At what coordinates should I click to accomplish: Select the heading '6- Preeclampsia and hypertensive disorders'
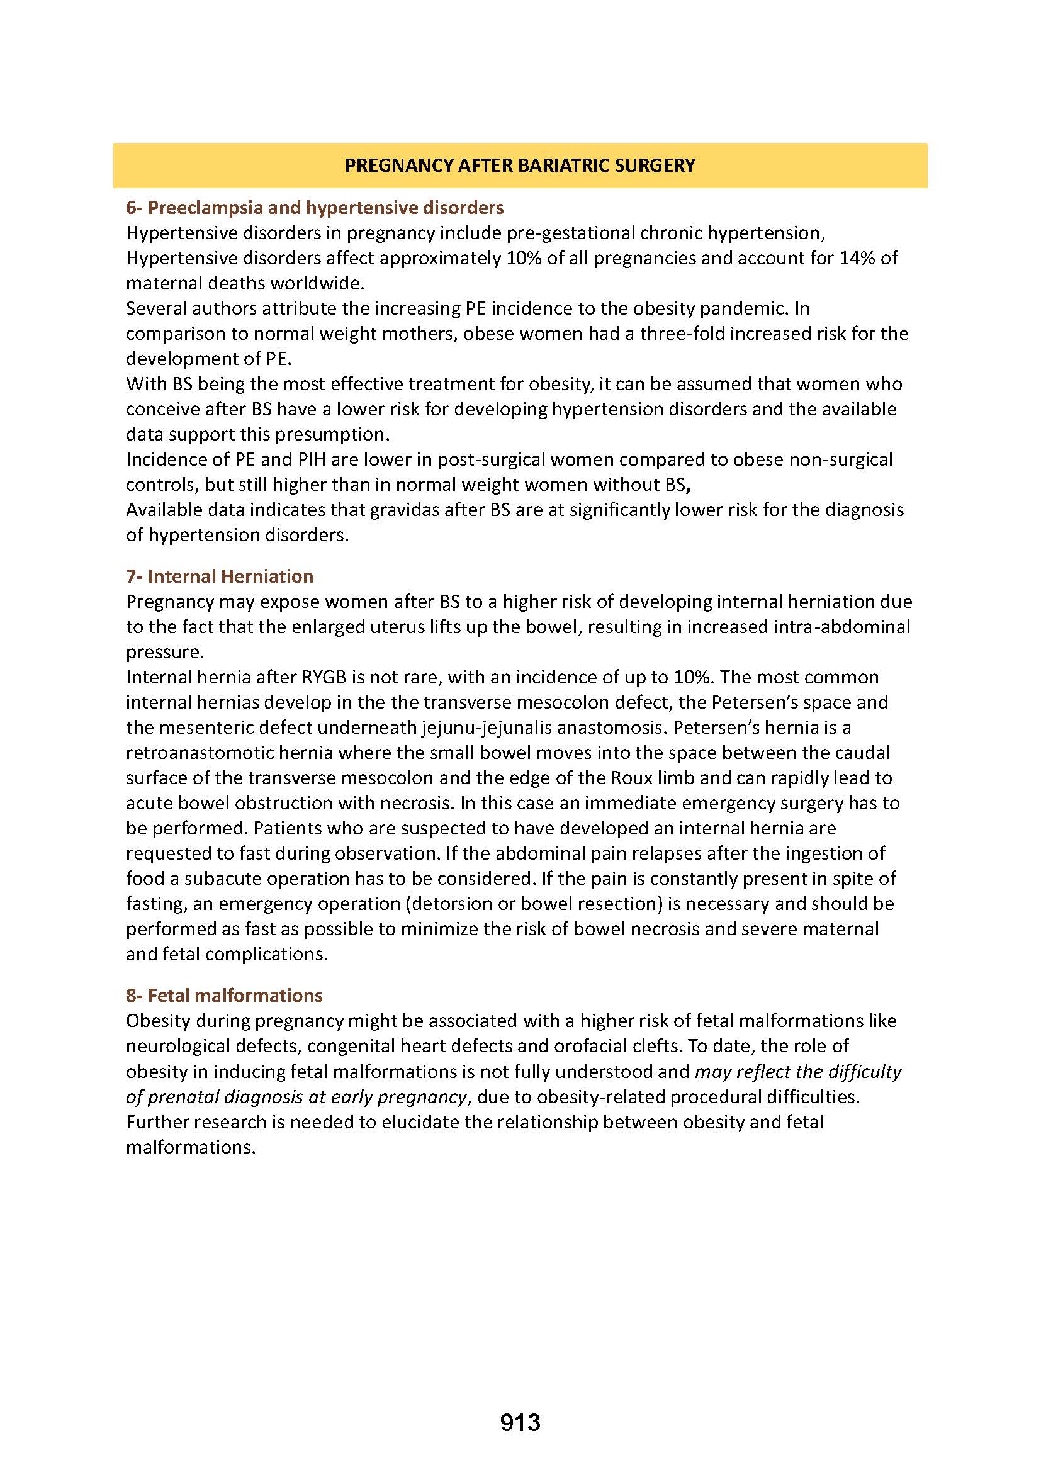[x=315, y=208]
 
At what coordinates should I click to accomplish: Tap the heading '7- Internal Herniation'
[x=220, y=576]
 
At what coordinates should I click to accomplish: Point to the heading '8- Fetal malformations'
[x=224, y=996]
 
